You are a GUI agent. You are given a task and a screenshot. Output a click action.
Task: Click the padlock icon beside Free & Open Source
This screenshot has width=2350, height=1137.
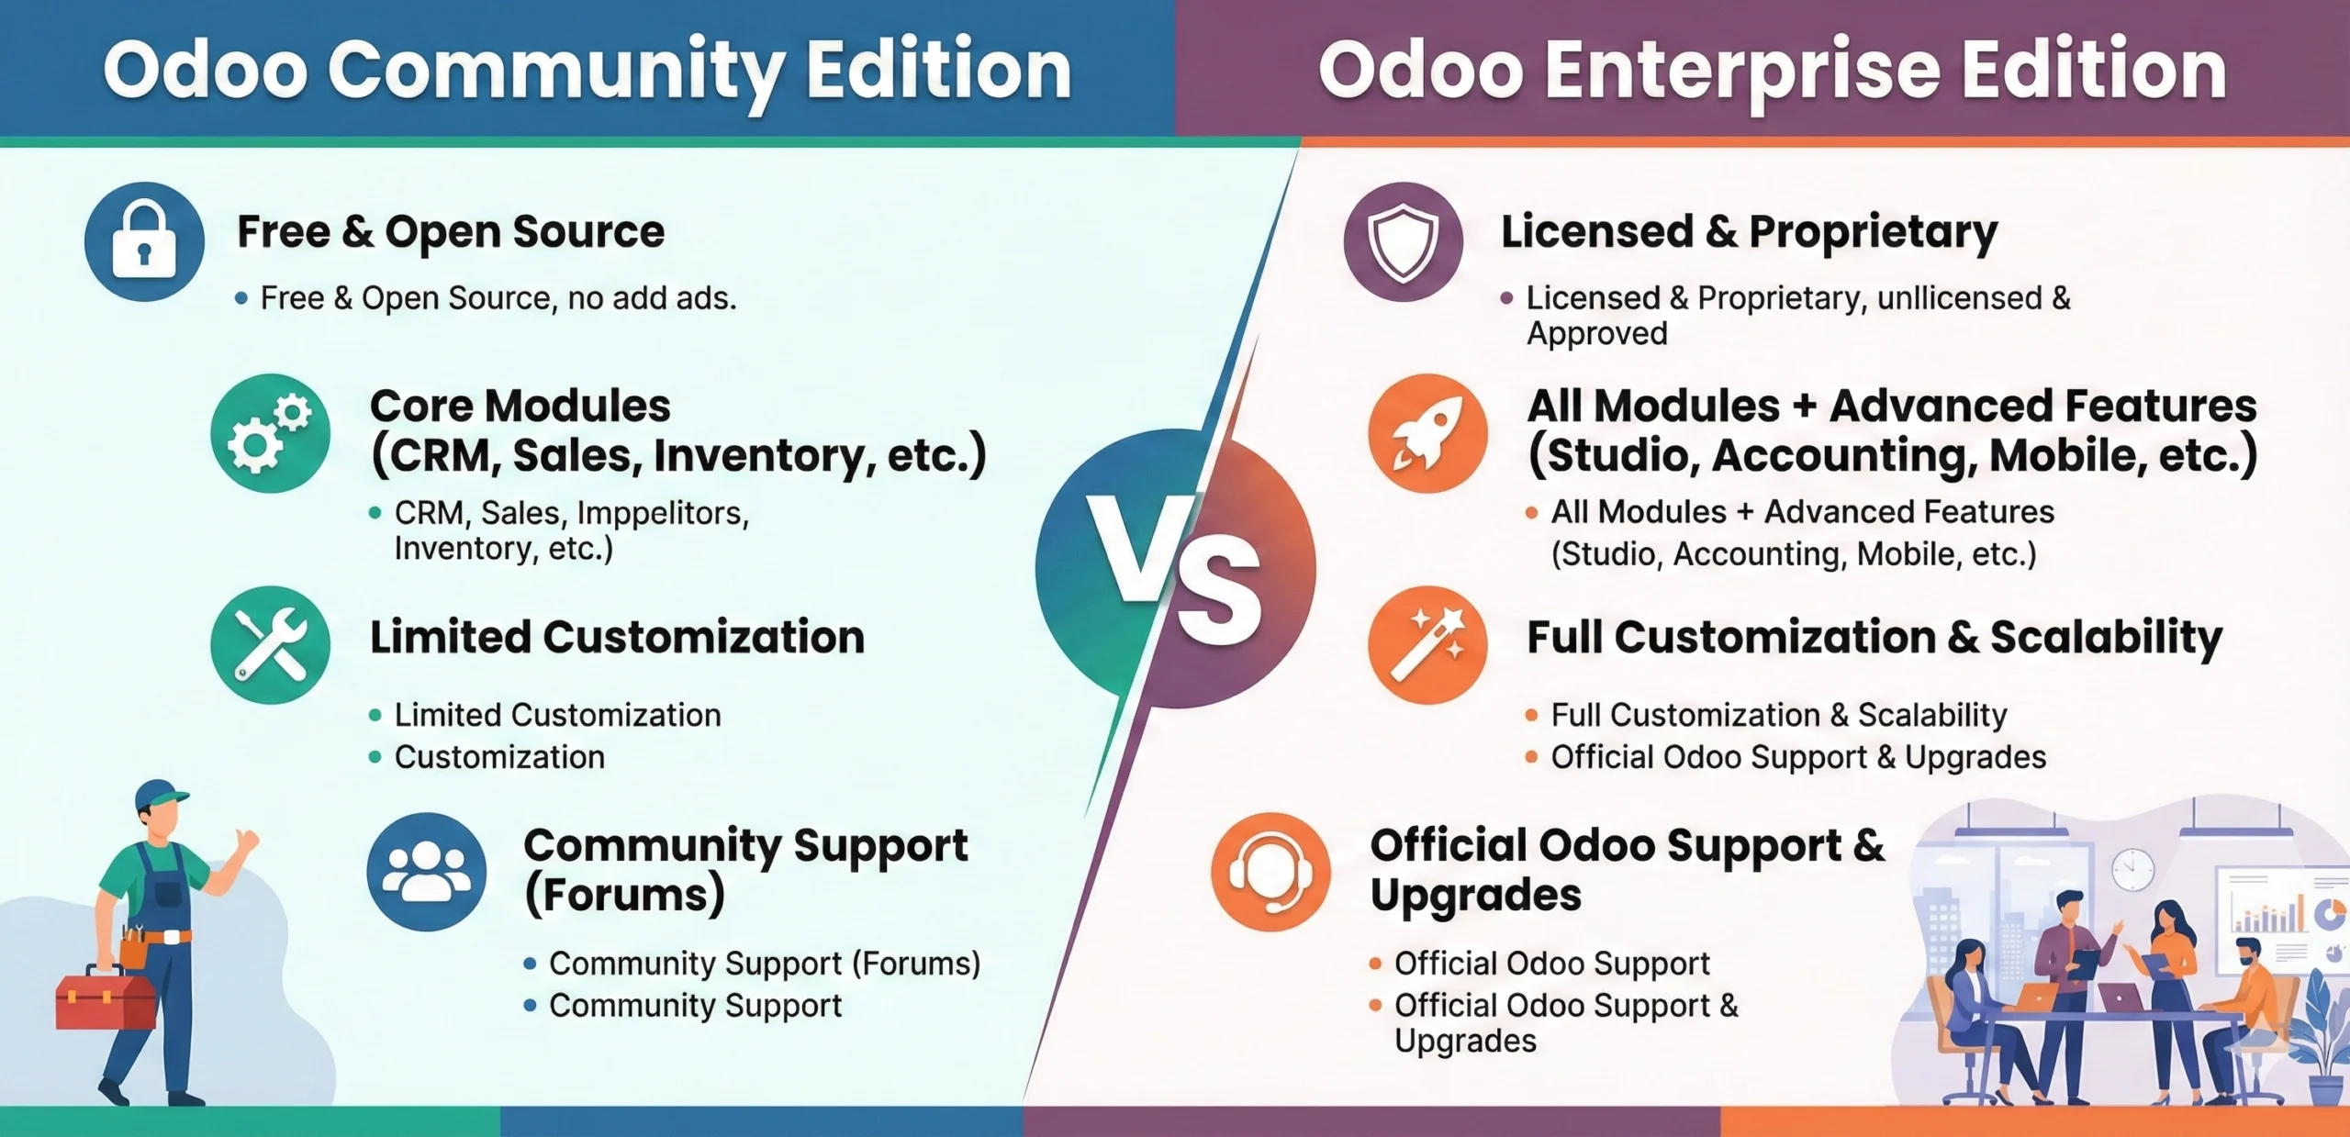click(144, 242)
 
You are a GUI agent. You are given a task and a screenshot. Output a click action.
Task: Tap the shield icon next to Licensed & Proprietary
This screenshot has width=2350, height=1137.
click(1403, 242)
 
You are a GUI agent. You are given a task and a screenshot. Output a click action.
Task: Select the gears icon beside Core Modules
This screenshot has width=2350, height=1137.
click(270, 433)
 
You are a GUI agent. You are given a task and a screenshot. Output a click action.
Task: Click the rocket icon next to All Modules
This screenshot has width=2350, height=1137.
click(1427, 433)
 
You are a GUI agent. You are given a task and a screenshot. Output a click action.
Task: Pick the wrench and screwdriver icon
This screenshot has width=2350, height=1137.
click(270, 645)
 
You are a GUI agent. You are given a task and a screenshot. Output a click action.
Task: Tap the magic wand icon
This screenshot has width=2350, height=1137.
click(1427, 645)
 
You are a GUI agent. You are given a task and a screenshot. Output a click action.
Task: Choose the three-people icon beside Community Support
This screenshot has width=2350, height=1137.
click(427, 872)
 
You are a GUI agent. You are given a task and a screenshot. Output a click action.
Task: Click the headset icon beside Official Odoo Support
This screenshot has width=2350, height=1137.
click(1270, 872)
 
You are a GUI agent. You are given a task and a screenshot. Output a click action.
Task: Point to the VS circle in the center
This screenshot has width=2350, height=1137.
click(1175, 569)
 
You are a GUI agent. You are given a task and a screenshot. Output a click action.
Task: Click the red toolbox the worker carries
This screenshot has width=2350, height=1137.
click(106, 1000)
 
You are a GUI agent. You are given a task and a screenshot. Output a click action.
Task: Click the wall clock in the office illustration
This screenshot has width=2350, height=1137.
click(2132, 868)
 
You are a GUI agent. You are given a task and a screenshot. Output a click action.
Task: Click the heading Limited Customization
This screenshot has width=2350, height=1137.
click(617, 637)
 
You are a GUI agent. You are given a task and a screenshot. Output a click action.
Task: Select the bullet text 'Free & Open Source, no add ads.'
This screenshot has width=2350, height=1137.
click(498, 298)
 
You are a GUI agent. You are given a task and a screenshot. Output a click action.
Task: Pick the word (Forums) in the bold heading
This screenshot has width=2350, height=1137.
click(624, 895)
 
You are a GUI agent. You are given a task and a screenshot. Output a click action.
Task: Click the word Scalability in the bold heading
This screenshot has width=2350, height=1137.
click(2106, 637)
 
